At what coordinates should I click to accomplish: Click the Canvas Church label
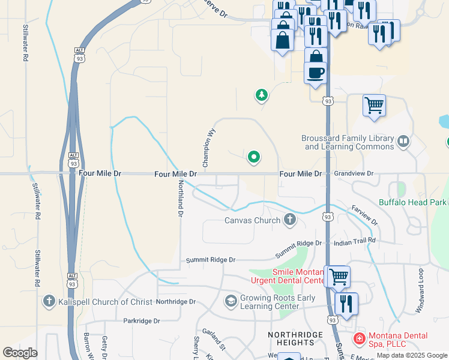252,220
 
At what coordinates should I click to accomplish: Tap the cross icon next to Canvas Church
289,220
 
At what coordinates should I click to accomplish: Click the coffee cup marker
316,73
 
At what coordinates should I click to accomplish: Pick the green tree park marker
261,95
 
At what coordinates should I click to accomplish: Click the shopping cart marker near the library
374,106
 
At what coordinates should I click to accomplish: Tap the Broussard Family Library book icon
403,142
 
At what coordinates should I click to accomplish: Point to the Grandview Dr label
354,173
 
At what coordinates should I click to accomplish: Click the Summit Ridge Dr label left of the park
211,260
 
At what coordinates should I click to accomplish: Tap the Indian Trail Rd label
354,240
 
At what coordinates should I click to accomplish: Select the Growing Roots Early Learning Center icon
231,300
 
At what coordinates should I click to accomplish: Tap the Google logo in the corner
20,352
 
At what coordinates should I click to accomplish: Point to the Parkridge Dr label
142,321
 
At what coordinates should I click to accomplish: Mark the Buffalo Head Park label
413,202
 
